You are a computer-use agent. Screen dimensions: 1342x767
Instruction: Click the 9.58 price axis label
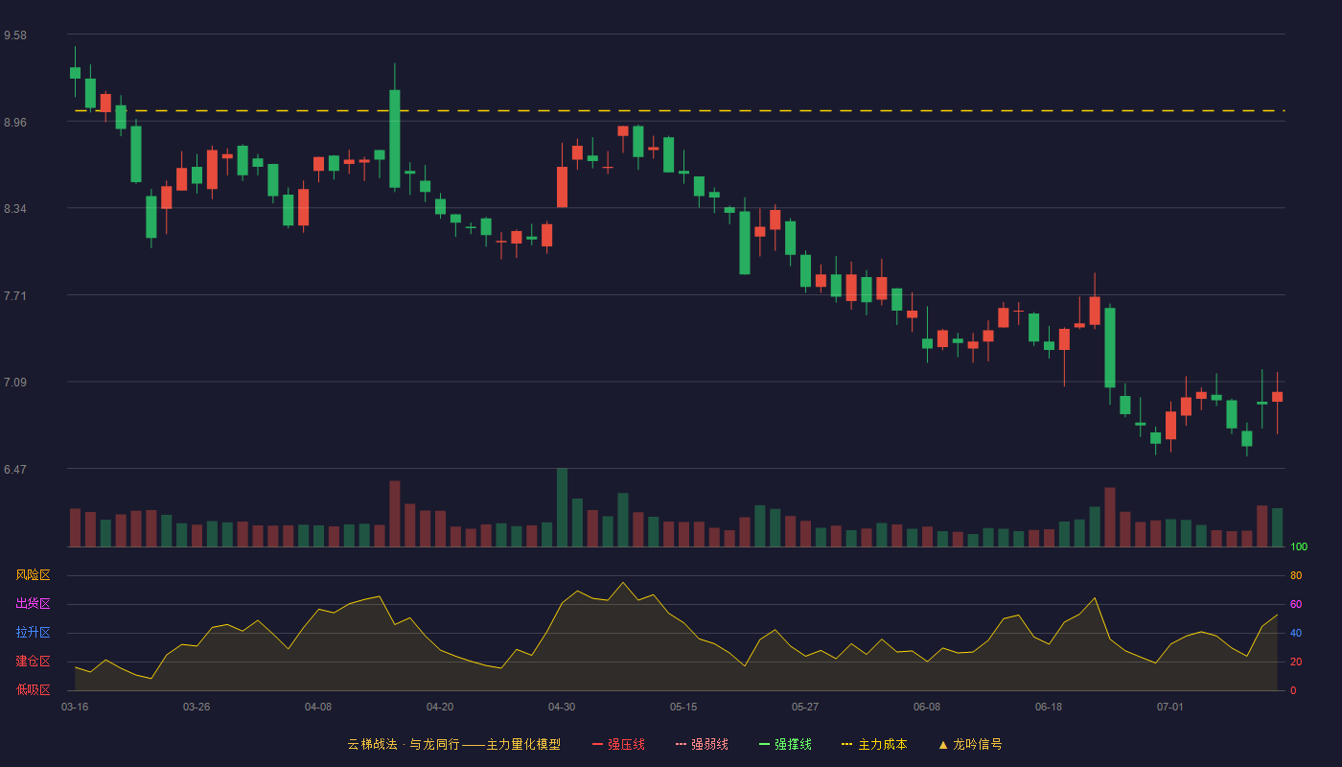tap(15, 35)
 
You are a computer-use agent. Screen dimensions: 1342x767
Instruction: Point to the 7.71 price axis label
tap(15, 296)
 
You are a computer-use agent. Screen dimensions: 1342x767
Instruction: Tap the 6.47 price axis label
tap(15, 469)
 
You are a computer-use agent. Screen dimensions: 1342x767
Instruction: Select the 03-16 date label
tap(75, 708)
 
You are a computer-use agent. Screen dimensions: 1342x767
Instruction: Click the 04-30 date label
tap(562, 708)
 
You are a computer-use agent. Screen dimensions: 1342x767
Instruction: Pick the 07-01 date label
tap(1170, 708)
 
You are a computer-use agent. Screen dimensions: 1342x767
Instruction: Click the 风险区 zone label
tap(33, 575)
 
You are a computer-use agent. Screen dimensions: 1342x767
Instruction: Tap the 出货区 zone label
tap(33, 603)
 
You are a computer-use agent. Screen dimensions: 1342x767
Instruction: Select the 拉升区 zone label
tap(33, 632)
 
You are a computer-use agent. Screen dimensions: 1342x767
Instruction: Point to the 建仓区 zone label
tap(33, 661)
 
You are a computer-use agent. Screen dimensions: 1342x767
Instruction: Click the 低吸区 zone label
tap(33, 689)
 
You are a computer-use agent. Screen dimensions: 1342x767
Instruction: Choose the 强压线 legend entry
tap(618, 744)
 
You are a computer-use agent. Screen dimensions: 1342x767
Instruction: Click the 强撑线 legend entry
tap(785, 744)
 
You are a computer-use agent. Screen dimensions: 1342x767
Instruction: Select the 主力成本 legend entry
tap(874, 744)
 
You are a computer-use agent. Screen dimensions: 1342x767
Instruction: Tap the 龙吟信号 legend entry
tap(970, 744)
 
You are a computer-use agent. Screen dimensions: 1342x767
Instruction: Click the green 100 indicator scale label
tap(1299, 546)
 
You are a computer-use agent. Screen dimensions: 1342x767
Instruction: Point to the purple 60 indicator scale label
tap(1296, 604)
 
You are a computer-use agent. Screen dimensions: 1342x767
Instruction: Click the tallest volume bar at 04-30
tap(562, 507)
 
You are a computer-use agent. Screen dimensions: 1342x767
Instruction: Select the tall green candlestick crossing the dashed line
tap(395, 139)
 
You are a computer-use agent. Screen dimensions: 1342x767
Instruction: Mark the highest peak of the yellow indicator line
tap(623, 582)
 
